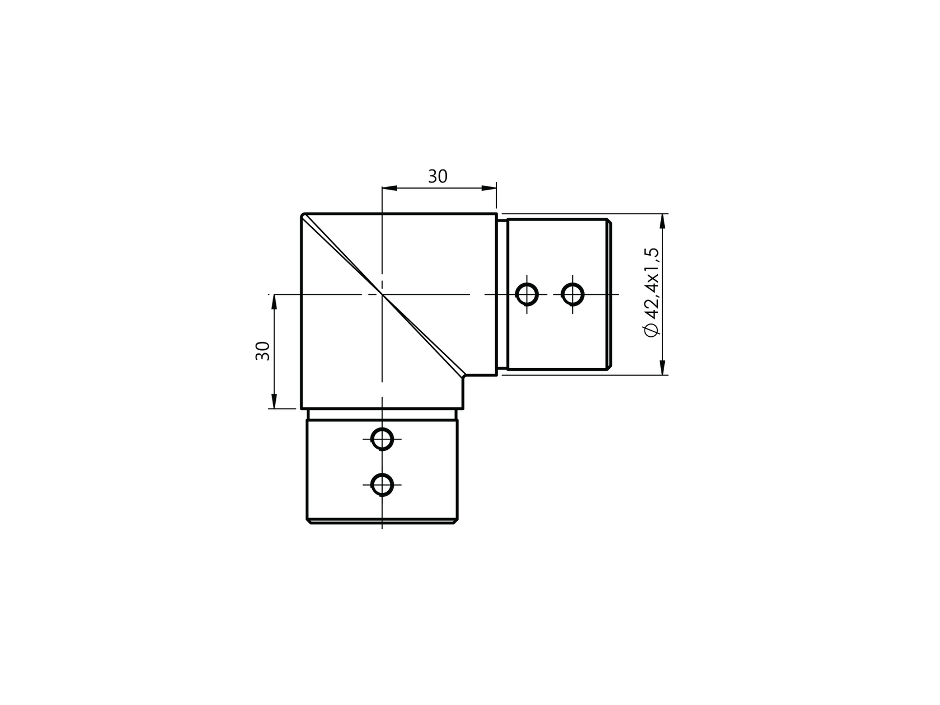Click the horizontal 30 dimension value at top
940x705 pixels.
(438, 176)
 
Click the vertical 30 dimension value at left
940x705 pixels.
(262, 351)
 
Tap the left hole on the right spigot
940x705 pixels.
(527, 294)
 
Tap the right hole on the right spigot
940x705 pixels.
(572, 294)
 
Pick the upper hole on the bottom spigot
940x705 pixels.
(382, 439)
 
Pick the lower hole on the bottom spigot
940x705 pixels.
(382, 484)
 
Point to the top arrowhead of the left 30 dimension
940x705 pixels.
(274, 302)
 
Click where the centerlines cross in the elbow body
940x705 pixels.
(382, 294)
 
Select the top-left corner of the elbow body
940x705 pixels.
(303, 215)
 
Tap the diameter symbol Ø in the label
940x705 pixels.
(651, 331)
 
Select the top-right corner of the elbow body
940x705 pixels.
(496, 214)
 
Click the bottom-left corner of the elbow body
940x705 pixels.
(302, 408)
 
